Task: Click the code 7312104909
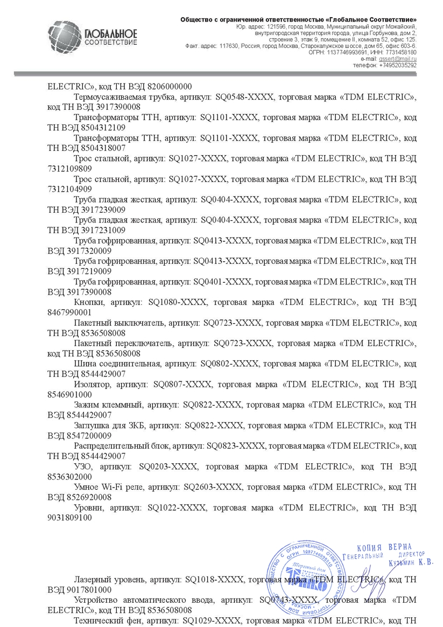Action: (69, 189)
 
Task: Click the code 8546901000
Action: (69, 394)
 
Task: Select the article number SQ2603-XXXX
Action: (207, 486)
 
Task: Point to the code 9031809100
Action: (69, 517)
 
